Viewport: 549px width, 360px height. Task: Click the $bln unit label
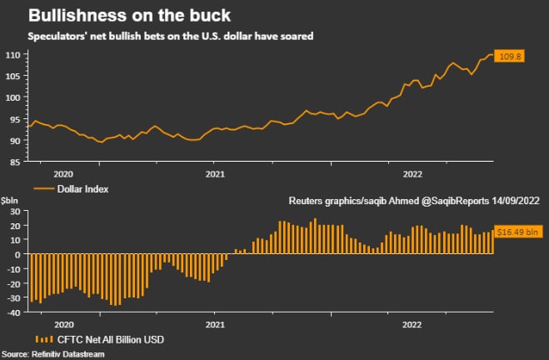pos(10,201)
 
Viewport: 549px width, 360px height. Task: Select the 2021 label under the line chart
pos(215,174)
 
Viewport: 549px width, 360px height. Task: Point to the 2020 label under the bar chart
pos(64,323)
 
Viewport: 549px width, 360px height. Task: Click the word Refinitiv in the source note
pos(54,354)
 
